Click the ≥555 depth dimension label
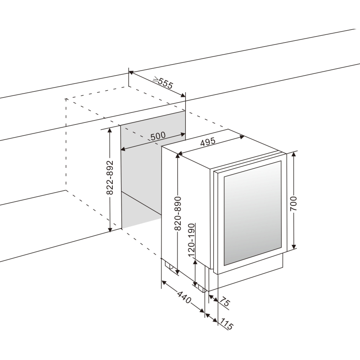click(162, 83)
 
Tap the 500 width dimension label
click(158, 136)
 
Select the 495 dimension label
click(208, 143)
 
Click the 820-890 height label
click(178, 214)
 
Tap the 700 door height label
click(294, 203)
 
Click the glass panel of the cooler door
click(252, 213)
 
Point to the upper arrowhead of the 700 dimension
click(294, 154)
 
